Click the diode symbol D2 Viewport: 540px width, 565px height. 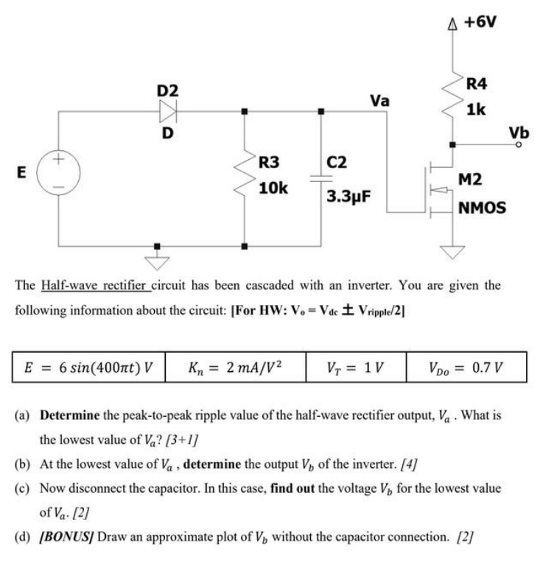pyautogui.click(x=169, y=112)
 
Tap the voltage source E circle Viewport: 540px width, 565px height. pyautogui.click(x=58, y=174)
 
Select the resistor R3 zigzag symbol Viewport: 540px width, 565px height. pyautogui.click(x=245, y=178)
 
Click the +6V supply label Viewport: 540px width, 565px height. pyautogui.click(x=481, y=21)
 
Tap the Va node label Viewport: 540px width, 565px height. pyautogui.click(x=380, y=99)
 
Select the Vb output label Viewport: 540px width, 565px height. pyautogui.click(x=519, y=133)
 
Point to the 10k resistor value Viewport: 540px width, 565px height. pyautogui.click(x=273, y=189)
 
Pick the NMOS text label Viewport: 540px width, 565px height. pyautogui.click(x=483, y=208)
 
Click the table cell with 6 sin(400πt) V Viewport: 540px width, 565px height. pyautogui.click(x=89, y=368)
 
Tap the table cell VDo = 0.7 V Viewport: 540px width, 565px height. pyautogui.click(x=466, y=368)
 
